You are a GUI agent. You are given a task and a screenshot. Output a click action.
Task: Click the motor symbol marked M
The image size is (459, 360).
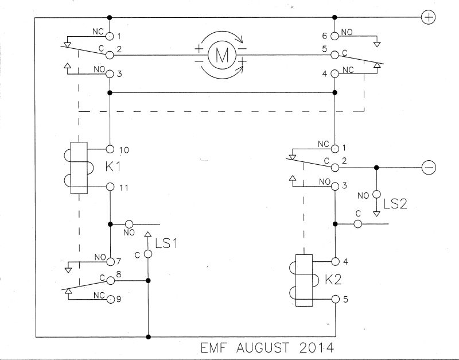pyautogui.click(x=217, y=55)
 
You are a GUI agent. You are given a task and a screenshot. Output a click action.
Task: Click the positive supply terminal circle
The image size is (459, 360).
pyautogui.click(x=428, y=18)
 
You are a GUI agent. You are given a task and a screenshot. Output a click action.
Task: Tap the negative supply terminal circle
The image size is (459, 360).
pyautogui.click(x=428, y=167)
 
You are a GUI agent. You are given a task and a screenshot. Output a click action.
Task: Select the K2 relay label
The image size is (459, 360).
pyautogui.click(x=333, y=280)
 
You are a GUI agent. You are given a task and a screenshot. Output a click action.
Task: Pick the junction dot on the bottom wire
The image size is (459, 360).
pyautogui.click(x=148, y=336)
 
